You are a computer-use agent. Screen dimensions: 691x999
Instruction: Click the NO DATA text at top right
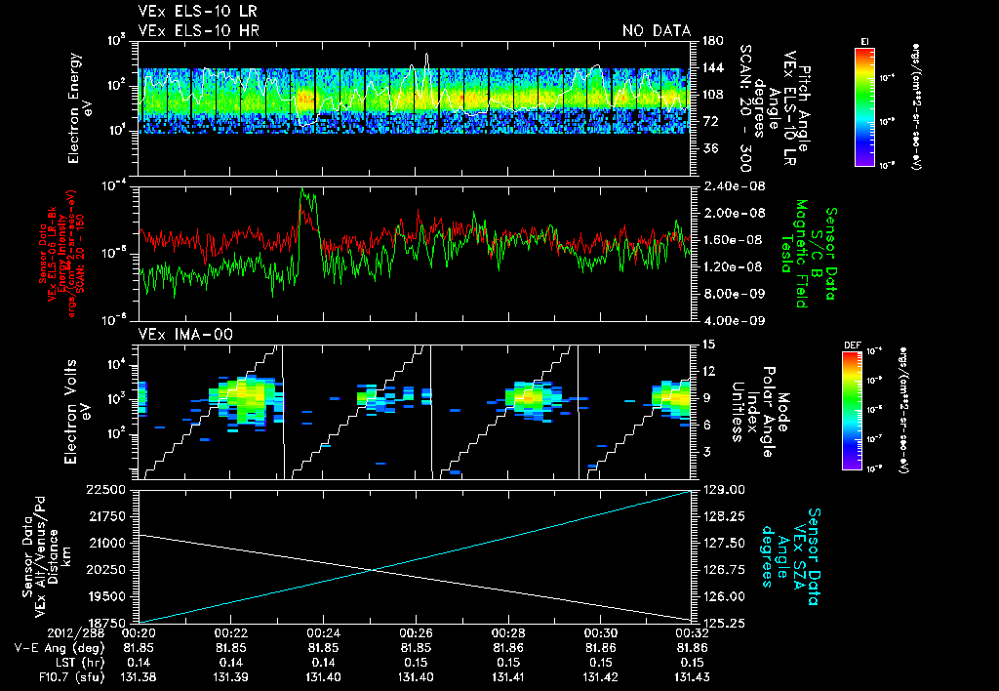[657, 31]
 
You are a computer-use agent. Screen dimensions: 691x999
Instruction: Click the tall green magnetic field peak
[305, 195]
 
